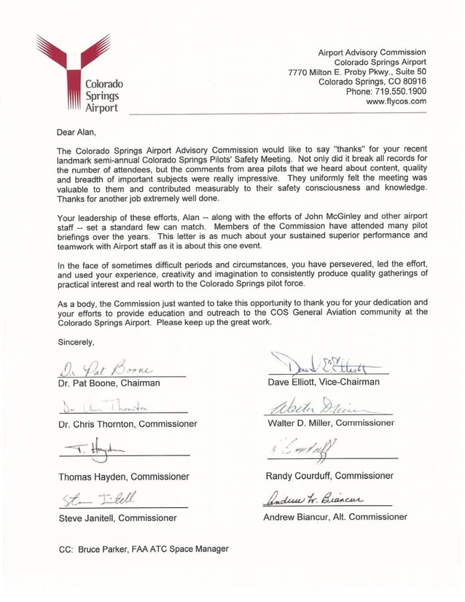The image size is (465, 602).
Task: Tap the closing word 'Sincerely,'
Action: pos(76,342)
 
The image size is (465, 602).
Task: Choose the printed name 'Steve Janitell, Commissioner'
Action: pos(117,518)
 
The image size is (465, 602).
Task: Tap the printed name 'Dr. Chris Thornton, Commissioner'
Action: pos(128,423)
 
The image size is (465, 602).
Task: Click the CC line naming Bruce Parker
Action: pos(144,549)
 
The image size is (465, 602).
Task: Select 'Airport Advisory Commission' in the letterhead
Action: pos(372,52)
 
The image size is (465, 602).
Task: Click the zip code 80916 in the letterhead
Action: pos(413,82)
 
